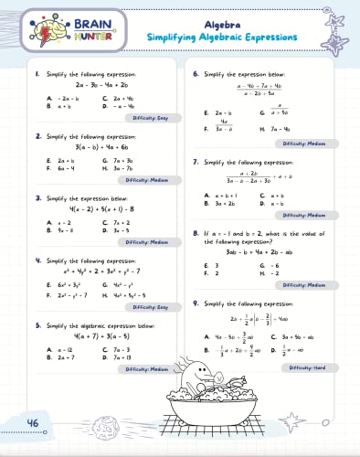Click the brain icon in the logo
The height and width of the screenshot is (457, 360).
pyautogui.click(x=37, y=26)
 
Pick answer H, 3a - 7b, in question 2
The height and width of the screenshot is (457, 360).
pyautogui.click(x=119, y=169)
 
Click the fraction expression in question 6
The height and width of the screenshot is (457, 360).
pyautogui.click(x=259, y=90)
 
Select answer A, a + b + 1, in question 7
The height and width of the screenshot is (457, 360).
pyautogui.click(x=217, y=194)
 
